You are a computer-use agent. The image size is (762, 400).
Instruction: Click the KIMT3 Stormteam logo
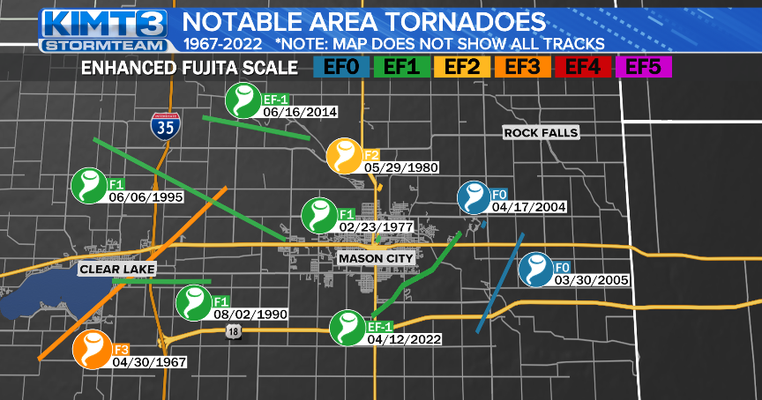point(105,28)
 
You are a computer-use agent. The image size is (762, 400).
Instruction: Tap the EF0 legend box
point(340,66)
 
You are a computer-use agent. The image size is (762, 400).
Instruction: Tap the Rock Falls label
point(541,132)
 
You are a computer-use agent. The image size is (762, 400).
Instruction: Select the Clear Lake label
point(116,268)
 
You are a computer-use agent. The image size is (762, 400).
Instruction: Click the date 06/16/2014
point(299,112)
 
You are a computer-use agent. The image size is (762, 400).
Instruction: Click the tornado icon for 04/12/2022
point(347,328)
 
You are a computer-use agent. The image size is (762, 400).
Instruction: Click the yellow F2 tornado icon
point(344,156)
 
